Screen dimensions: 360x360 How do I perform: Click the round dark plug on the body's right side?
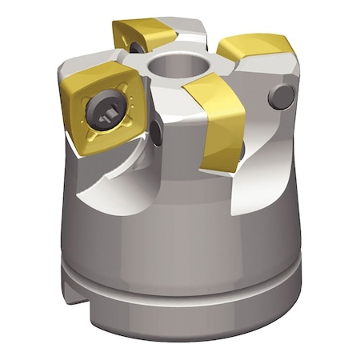click(x=280, y=98)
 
